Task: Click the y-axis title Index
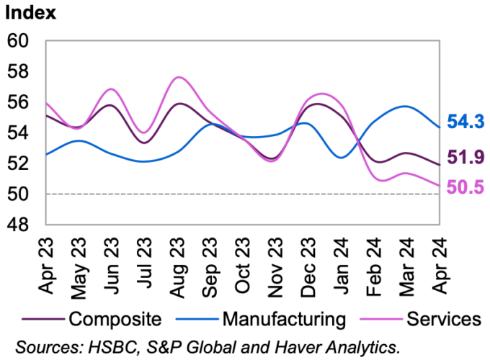(x=31, y=12)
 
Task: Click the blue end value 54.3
(x=465, y=122)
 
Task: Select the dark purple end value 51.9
(x=465, y=157)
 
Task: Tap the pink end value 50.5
(x=465, y=186)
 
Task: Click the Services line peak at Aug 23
(x=179, y=77)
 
